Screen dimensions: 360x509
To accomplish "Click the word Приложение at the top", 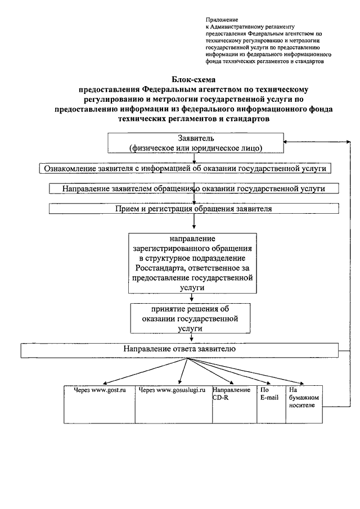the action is pyautogui.click(x=222, y=20).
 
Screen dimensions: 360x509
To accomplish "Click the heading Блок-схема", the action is pyautogui.click(x=193, y=79).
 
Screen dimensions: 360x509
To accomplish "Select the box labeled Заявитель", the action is pyautogui.click(x=196, y=143).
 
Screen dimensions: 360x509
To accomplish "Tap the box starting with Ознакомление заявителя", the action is pyautogui.click(x=185, y=169).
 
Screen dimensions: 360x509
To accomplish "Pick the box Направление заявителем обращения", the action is pyautogui.click(x=194, y=188).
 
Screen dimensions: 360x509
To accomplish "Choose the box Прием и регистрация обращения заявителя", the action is pyautogui.click(x=194, y=209).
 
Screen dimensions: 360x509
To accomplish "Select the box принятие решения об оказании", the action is pyautogui.click(x=190, y=318).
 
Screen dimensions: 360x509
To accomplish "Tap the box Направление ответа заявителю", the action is pyautogui.click(x=179, y=350).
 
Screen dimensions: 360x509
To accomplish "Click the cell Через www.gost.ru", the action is pyautogui.click(x=100, y=404).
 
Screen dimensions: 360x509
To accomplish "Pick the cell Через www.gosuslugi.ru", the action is pyautogui.click(x=174, y=404).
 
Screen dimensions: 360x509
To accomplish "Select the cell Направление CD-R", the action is pyautogui.click(x=235, y=404).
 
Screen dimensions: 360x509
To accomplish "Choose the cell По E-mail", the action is pyautogui.click(x=271, y=404).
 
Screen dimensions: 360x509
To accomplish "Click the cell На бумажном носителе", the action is pyautogui.click(x=304, y=404).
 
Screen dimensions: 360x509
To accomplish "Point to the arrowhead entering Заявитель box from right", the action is pyautogui.click(x=285, y=142).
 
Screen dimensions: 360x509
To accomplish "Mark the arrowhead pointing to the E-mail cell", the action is pyautogui.click(x=268, y=384).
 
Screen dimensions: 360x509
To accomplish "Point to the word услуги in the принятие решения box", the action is pyautogui.click(x=190, y=328).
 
